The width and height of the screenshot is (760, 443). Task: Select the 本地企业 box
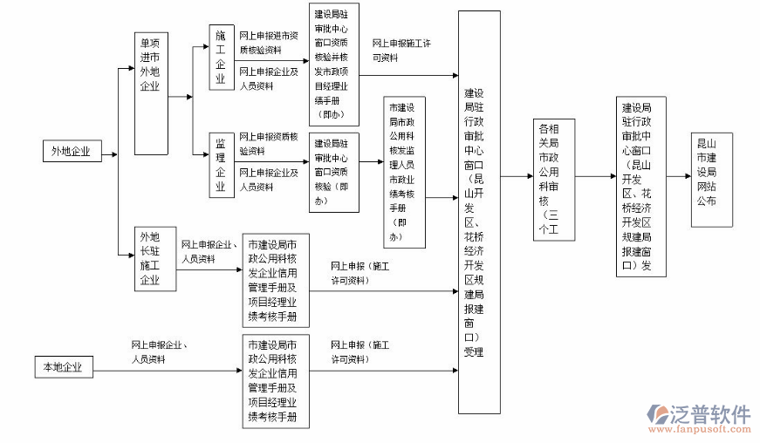(63, 367)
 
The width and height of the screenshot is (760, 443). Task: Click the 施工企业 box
(221, 57)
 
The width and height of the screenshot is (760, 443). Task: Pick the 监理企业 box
(221, 165)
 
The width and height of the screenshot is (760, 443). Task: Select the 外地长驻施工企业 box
(150, 258)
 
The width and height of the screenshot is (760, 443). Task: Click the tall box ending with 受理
(479, 211)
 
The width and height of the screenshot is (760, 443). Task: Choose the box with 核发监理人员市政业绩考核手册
(405, 172)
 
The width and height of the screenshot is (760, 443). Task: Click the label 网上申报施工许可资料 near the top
(402, 49)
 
